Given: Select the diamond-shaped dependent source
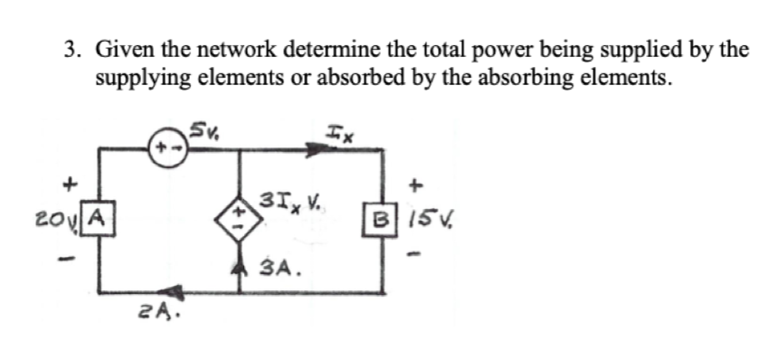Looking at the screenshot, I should [239, 217].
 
